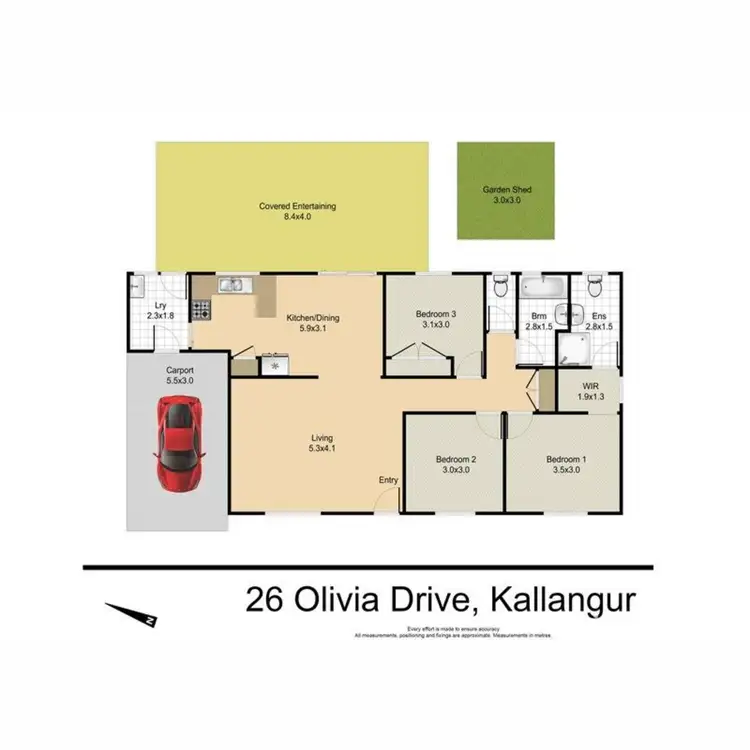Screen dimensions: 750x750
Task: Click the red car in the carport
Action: click(180, 444)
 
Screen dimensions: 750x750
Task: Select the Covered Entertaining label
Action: click(297, 207)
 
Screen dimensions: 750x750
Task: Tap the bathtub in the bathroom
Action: click(543, 288)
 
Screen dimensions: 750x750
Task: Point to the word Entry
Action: click(388, 481)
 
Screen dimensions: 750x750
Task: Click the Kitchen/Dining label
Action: click(313, 318)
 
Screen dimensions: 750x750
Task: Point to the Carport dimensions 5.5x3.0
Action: click(180, 380)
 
